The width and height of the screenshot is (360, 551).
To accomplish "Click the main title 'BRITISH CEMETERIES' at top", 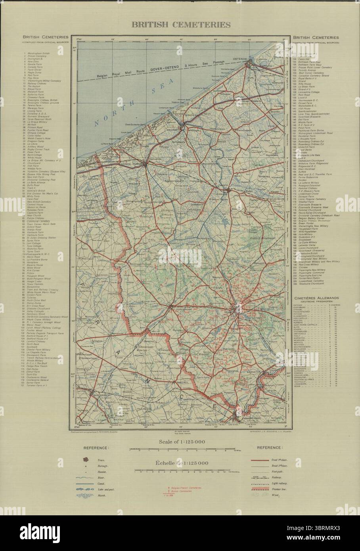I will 181,25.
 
